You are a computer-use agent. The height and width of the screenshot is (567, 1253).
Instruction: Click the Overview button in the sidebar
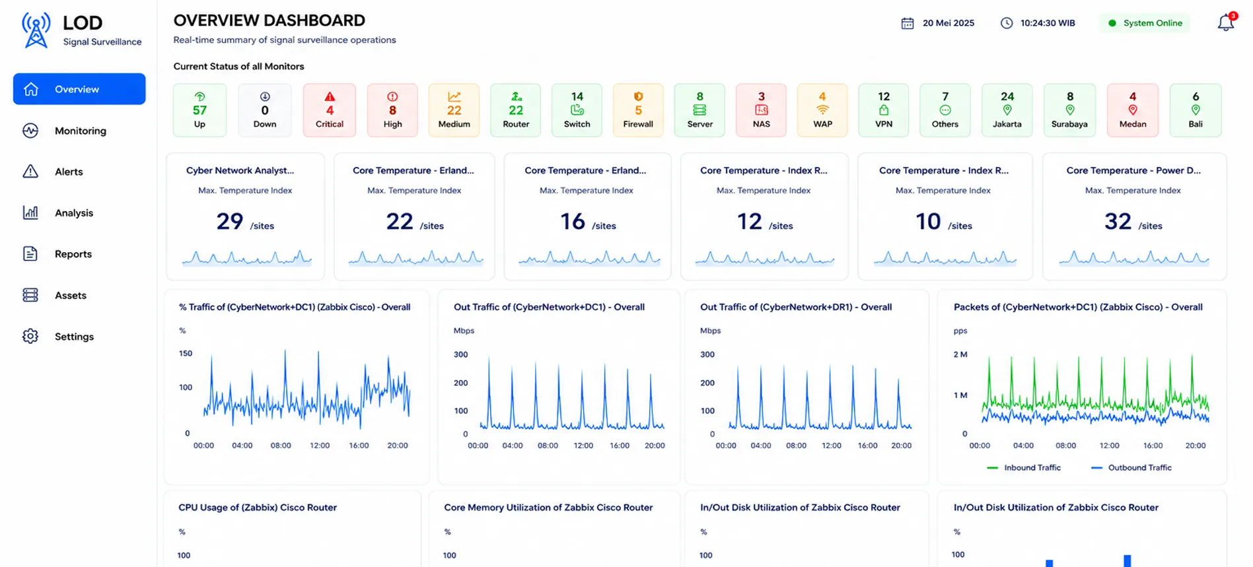(79, 89)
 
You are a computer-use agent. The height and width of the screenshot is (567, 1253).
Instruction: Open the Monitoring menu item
(80, 131)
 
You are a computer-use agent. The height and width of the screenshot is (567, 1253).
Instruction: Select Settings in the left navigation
(74, 337)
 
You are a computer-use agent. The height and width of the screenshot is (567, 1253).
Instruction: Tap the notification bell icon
(1225, 22)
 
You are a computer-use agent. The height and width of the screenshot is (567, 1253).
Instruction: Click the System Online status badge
(1145, 23)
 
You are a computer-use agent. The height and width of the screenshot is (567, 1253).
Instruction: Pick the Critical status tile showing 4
(330, 110)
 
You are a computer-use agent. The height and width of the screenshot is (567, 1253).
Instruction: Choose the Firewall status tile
(638, 110)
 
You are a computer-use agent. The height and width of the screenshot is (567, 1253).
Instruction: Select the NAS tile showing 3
(761, 110)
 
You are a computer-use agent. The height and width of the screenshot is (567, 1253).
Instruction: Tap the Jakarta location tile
(1007, 110)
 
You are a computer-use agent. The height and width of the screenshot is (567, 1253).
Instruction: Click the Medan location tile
(1133, 110)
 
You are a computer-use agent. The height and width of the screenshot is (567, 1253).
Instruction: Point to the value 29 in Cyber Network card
(230, 221)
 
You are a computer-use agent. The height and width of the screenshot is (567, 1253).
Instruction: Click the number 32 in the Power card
(1118, 221)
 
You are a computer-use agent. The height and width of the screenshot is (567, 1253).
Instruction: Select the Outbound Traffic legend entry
(1131, 467)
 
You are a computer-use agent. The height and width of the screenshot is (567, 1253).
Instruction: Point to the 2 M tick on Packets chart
(960, 354)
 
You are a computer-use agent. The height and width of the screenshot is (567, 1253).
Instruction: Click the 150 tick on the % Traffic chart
(186, 353)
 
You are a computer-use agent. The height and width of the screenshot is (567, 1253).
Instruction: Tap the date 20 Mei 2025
(949, 23)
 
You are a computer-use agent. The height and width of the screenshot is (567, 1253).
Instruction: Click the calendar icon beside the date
(908, 23)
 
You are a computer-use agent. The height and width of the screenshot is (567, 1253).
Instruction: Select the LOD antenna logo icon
(36, 30)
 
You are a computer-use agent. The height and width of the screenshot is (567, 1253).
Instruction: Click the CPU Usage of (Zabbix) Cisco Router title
(258, 508)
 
